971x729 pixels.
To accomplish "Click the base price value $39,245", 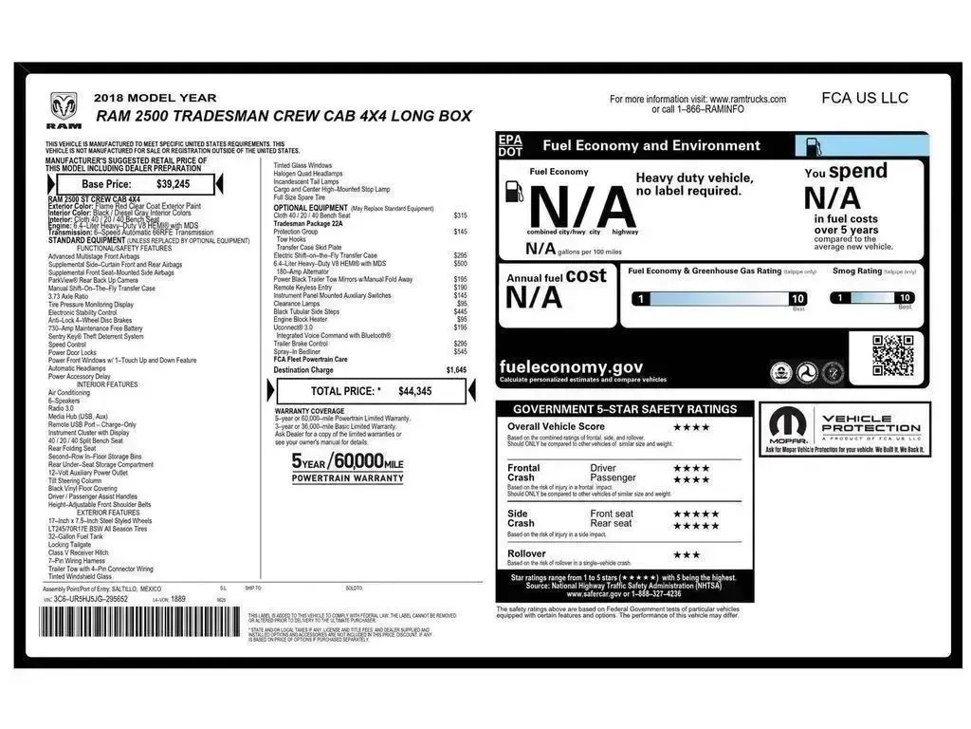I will (174, 184).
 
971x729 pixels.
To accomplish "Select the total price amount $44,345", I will (414, 391).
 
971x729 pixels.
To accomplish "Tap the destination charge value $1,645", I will (456, 370).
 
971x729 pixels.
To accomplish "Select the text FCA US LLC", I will (864, 98).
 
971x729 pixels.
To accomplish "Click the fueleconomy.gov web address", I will (571, 367).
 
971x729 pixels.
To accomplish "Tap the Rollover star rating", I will (687, 554).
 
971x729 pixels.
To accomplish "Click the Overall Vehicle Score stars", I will (691, 427).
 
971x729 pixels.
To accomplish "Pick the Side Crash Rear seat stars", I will (695, 525).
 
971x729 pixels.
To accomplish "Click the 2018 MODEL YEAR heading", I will (155, 98).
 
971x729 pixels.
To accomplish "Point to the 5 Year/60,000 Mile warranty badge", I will (347, 467).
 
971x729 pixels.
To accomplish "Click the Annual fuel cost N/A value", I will (533, 297).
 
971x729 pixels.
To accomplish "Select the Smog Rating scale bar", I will (872, 298).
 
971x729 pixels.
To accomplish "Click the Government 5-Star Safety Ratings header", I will (625, 409).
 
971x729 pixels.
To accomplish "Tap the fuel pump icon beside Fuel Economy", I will (515, 191).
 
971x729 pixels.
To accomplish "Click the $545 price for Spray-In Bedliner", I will (460, 351).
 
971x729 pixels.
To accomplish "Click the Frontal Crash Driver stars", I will (691, 468).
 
